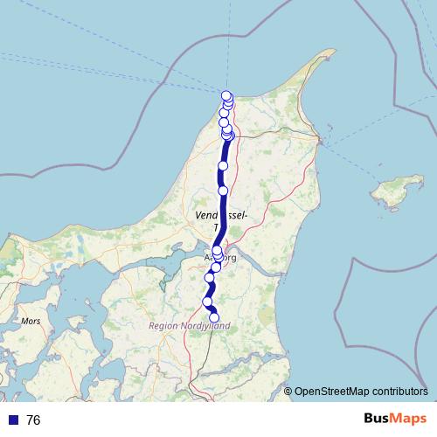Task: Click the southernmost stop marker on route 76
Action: pyautogui.click(x=214, y=318)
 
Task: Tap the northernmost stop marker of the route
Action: pyautogui.click(x=226, y=96)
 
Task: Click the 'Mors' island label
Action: pyautogui.click(x=31, y=321)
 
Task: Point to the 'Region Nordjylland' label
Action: pyautogui.click(x=189, y=326)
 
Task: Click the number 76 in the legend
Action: pyautogui.click(x=34, y=420)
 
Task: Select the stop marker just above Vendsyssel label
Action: pyautogui.click(x=223, y=190)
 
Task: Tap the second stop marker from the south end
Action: pyautogui.click(x=208, y=302)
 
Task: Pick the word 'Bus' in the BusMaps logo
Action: pyautogui.click(x=378, y=420)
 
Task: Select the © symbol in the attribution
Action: pyautogui.click(x=288, y=392)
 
